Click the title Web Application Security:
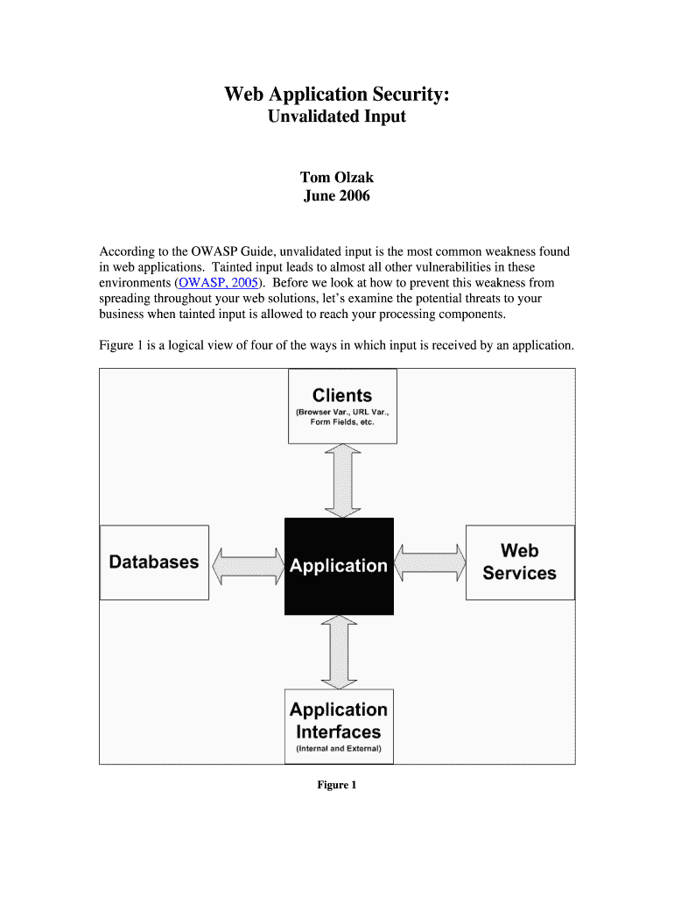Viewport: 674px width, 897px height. point(337,94)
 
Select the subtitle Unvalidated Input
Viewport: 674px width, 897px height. point(337,116)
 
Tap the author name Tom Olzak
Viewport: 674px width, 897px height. point(337,178)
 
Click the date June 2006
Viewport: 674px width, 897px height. point(337,195)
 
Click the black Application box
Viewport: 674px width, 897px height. point(339,566)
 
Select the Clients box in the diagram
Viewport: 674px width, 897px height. point(342,406)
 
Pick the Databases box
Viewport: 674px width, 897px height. point(154,562)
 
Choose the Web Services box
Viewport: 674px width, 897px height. point(519,562)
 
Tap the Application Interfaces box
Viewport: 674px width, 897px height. point(339,726)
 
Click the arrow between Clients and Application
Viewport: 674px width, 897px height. point(341,480)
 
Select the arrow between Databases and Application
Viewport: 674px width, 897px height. point(247,565)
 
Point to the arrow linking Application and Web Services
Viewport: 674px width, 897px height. point(430,562)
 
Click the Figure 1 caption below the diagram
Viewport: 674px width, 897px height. point(337,785)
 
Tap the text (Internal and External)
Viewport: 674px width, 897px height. point(339,750)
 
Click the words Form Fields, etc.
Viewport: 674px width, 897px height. point(342,422)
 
